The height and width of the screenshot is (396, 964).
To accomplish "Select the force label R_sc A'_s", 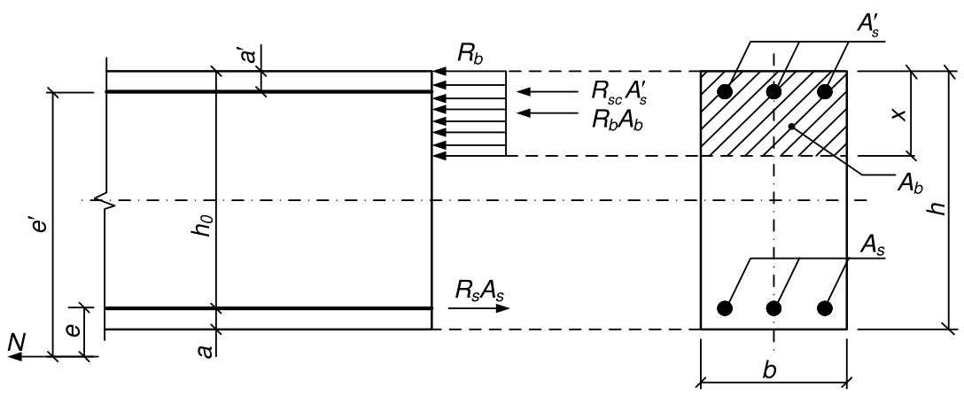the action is point(619,91).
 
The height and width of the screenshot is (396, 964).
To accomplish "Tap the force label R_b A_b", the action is point(618,118).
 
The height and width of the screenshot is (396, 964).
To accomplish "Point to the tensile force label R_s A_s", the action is point(479,289).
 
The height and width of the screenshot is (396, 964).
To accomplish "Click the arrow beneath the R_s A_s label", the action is point(479,307).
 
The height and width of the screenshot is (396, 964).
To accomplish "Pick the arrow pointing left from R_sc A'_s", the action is point(547,92).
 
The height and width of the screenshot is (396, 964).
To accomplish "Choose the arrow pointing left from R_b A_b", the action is point(547,113).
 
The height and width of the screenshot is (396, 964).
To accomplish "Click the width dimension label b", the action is point(769,370).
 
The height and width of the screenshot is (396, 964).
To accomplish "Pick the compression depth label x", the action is point(901,114).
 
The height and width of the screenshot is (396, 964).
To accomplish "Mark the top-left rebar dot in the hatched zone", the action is point(726,92).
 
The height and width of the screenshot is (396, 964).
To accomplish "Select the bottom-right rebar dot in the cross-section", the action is point(824,308).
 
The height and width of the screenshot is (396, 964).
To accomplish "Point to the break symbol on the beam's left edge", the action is point(105,200).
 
